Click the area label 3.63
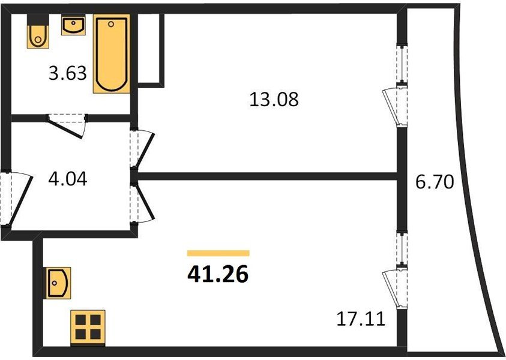(68, 75)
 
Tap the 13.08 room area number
(274, 98)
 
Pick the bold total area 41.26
(218, 274)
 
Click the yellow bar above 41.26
(218, 253)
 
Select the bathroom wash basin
(73, 26)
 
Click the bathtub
(112, 55)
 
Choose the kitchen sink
(58, 283)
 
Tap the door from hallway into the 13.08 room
(143, 151)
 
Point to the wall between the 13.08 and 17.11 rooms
(270, 176)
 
